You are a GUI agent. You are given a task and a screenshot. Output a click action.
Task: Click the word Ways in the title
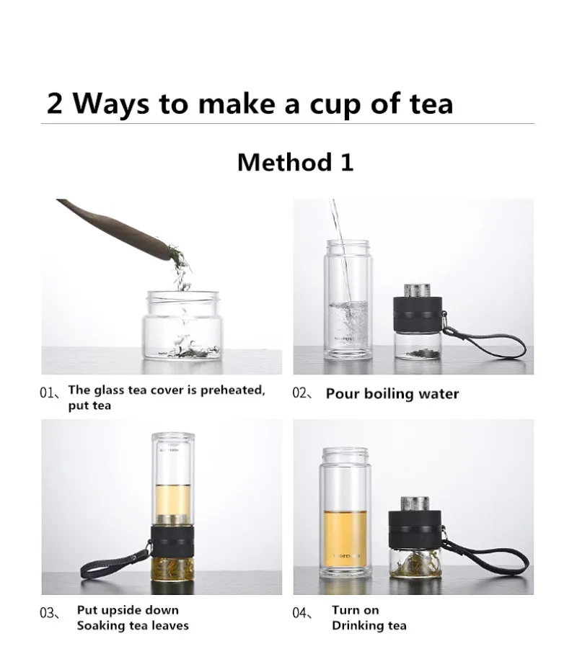111,104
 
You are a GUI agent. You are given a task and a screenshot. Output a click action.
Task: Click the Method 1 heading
296,162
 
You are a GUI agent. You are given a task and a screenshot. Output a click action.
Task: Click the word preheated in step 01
233,390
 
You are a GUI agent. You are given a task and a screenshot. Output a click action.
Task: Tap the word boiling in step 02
392,394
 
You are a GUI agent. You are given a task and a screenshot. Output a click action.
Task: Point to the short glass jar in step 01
183,326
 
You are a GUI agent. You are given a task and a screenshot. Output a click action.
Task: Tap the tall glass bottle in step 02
347,299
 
